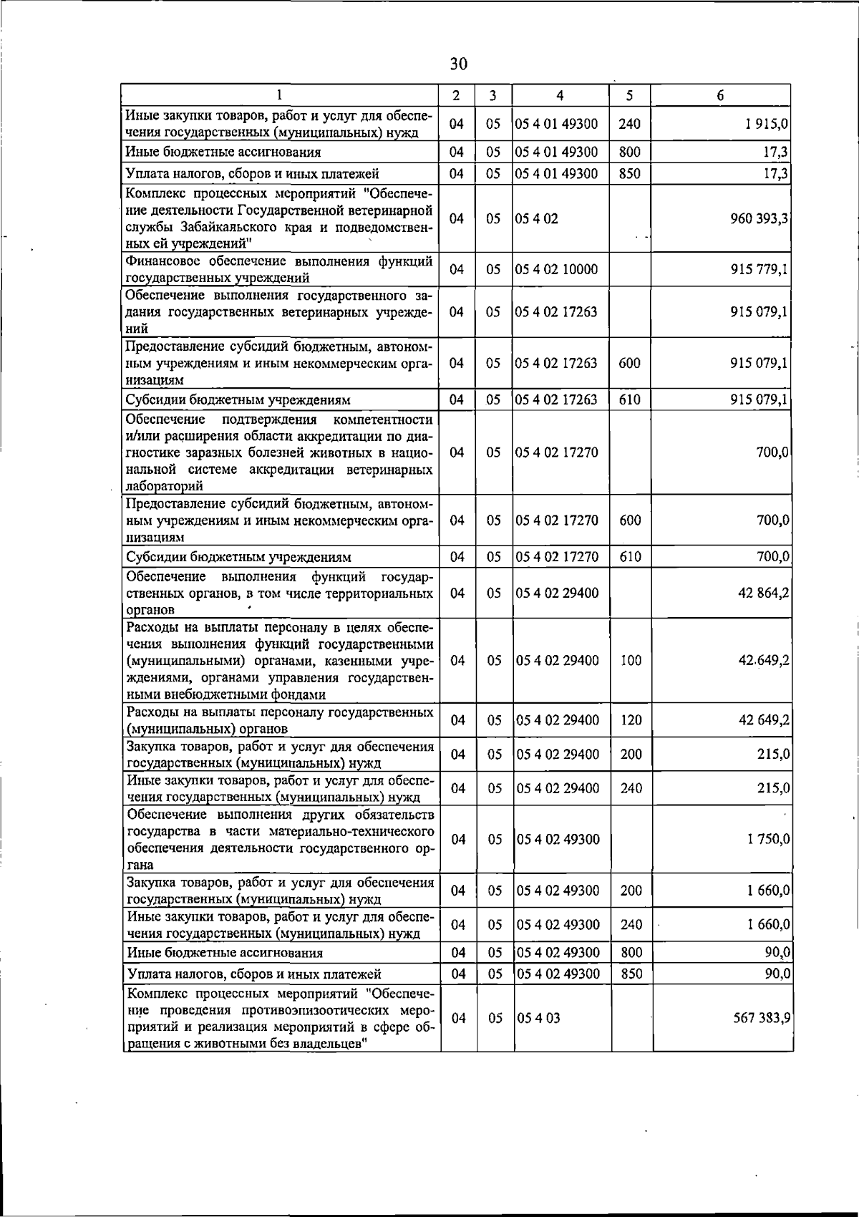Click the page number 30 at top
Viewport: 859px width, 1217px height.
click(x=459, y=64)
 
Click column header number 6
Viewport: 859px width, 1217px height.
click(x=721, y=96)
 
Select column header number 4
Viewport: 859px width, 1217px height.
click(x=560, y=96)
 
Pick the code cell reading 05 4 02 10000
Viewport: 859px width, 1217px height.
click(x=556, y=270)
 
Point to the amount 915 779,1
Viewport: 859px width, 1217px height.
click(x=759, y=270)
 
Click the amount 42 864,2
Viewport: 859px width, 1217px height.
click(x=764, y=593)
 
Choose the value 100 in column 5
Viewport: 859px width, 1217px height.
click(x=631, y=661)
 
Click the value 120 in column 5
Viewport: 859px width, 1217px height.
click(x=631, y=720)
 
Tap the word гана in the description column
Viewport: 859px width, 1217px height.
click(x=140, y=865)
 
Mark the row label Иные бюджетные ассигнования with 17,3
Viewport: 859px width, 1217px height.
click(x=223, y=152)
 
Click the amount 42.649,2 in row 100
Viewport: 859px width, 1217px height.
click(x=764, y=661)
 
